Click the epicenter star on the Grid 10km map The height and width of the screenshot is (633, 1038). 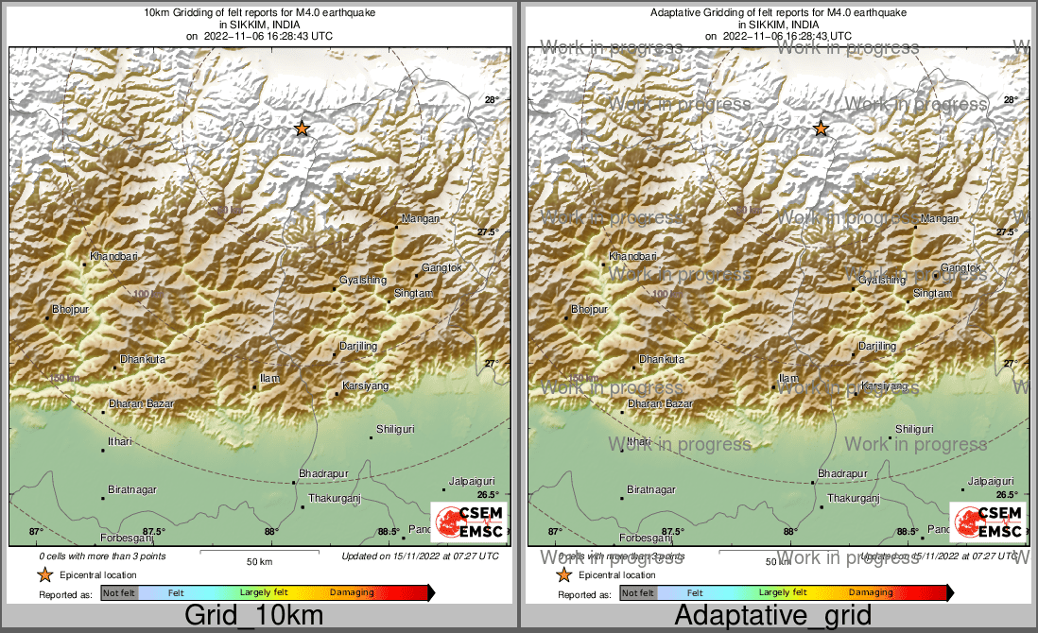[x=302, y=128]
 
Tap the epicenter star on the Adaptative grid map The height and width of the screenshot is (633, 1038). [x=821, y=128]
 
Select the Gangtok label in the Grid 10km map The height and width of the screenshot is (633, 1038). [x=441, y=268]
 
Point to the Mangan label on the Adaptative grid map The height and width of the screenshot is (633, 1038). [x=940, y=219]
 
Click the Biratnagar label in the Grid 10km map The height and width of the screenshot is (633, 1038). [x=132, y=489]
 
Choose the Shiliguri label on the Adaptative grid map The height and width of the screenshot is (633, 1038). [x=915, y=429]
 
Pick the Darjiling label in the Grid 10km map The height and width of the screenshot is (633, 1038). [x=359, y=347]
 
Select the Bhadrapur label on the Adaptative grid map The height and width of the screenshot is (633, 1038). [x=842, y=473]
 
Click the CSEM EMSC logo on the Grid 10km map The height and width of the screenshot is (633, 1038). [x=470, y=521]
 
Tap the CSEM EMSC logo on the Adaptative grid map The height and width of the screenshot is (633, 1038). [x=989, y=521]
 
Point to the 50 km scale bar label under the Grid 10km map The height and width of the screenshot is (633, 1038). [x=260, y=562]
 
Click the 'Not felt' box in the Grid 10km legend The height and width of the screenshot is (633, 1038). [x=119, y=593]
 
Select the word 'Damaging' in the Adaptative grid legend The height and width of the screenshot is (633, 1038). [x=871, y=593]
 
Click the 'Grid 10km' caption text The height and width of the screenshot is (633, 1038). [x=253, y=616]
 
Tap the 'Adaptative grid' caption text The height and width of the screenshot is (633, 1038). [x=773, y=616]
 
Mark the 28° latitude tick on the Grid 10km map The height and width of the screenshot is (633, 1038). [x=491, y=100]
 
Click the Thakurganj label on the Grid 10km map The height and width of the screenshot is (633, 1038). [x=330, y=498]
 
